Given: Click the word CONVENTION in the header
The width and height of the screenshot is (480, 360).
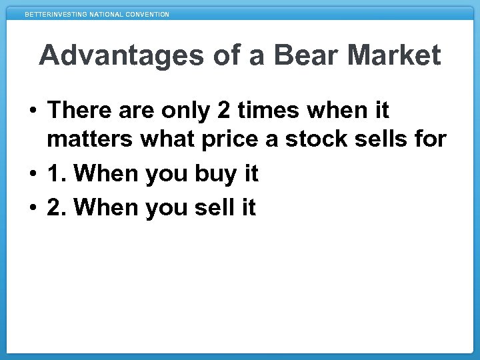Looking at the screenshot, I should pos(147,14).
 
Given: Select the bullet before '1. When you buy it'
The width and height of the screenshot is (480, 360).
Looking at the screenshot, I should pos(33,175).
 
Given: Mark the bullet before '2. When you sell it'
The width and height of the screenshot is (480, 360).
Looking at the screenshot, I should pos(33,207).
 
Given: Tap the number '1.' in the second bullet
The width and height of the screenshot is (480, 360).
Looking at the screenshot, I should pos(56,175).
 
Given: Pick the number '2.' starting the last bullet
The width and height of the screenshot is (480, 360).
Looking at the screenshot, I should pos(56,207).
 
